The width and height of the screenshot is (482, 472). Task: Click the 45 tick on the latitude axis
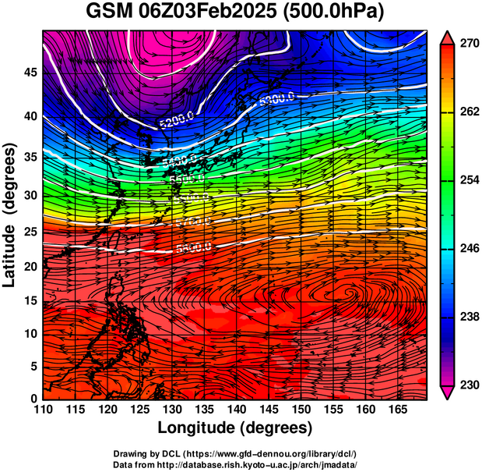[x=29, y=73]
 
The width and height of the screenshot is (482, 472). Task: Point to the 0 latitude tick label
[x=33, y=399]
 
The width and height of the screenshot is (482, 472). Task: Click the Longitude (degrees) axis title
[x=235, y=428]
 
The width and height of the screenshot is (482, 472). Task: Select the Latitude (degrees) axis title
[x=11, y=215]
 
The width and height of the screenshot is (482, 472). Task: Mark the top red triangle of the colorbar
[x=446, y=37]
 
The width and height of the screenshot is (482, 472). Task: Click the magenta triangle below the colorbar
[x=446, y=392]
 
